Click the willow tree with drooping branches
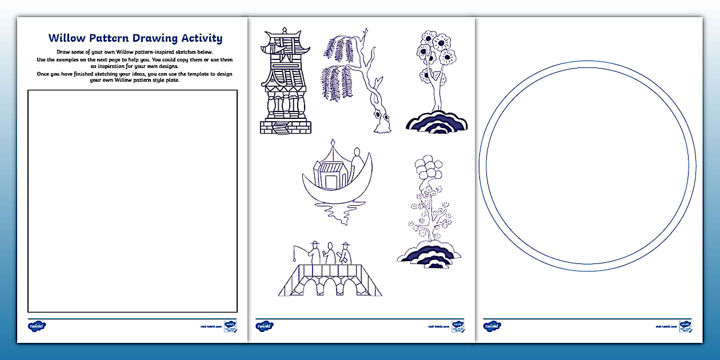(354, 80)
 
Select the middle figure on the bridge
(330, 254)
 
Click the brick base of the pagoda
(285, 127)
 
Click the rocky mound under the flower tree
(437, 122)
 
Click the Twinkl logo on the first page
(37, 326)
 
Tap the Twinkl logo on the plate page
(492, 326)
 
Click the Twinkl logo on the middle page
(265, 326)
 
